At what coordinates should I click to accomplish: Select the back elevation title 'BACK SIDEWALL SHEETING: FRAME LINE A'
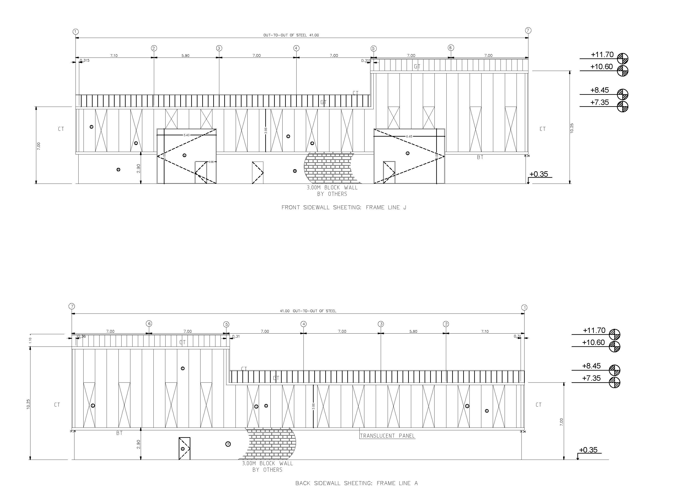(x=357, y=483)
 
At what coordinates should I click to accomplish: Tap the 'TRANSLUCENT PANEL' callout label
(x=387, y=436)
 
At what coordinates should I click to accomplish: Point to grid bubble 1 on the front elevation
(x=76, y=32)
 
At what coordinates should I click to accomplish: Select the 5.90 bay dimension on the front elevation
(x=185, y=56)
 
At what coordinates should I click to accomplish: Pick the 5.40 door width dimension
(x=186, y=135)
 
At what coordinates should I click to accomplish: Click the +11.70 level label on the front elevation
(x=602, y=55)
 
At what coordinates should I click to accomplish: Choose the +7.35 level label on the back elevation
(x=591, y=378)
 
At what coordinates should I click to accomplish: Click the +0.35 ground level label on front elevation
(x=539, y=174)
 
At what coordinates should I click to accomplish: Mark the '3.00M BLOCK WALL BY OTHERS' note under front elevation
(x=332, y=191)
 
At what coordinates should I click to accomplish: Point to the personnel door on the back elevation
(x=184, y=448)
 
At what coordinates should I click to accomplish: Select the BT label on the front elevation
(x=480, y=157)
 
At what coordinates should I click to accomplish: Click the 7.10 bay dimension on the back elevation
(x=485, y=331)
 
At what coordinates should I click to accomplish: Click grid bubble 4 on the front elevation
(x=296, y=48)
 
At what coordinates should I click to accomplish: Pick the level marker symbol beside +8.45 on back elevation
(x=615, y=370)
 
